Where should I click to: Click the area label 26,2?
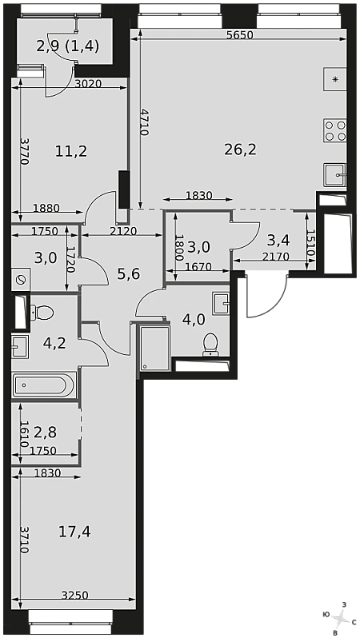tap(240, 150)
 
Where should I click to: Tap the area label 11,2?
tap(71, 152)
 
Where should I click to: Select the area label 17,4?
tap(74, 532)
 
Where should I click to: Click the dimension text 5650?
tap(240, 35)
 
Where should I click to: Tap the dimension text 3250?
tap(75, 596)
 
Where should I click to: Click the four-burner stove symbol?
tap(334, 130)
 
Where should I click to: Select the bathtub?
tap(44, 385)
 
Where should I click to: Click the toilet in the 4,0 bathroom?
tap(210, 344)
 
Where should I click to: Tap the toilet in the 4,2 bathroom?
tap(42, 313)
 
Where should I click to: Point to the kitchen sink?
tap(335, 174)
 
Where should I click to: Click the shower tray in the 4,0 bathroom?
tap(154, 347)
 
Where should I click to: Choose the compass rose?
tap(339, 619)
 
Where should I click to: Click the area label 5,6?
tap(129, 274)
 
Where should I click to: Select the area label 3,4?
tap(278, 241)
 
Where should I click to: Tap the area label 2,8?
tap(46, 432)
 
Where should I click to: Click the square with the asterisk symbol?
tap(334, 79)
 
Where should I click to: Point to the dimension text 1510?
tap(311, 243)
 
